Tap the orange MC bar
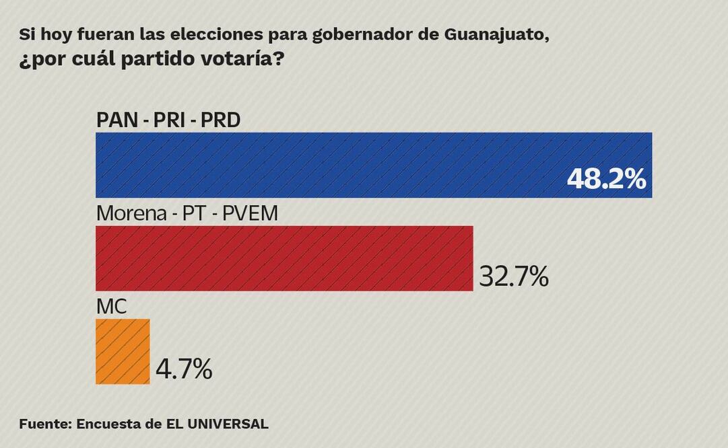(x=123, y=352)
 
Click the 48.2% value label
(x=606, y=180)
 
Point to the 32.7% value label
(x=513, y=276)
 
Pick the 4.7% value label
(x=184, y=369)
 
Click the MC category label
(x=112, y=307)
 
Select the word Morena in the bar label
(x=132, y=214)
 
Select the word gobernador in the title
(x=362, y=35)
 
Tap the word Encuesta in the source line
(x=108, y=424)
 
